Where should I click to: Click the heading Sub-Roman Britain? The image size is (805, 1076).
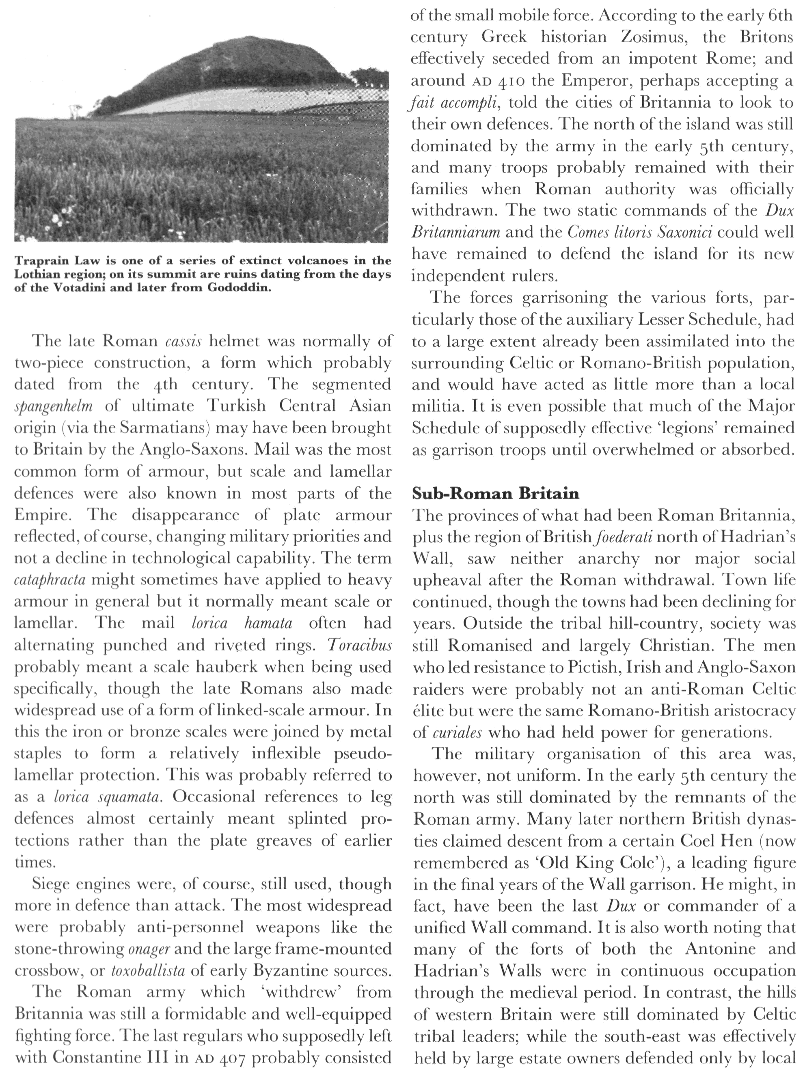click(495, 494)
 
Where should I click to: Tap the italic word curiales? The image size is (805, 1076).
click(447, 732)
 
